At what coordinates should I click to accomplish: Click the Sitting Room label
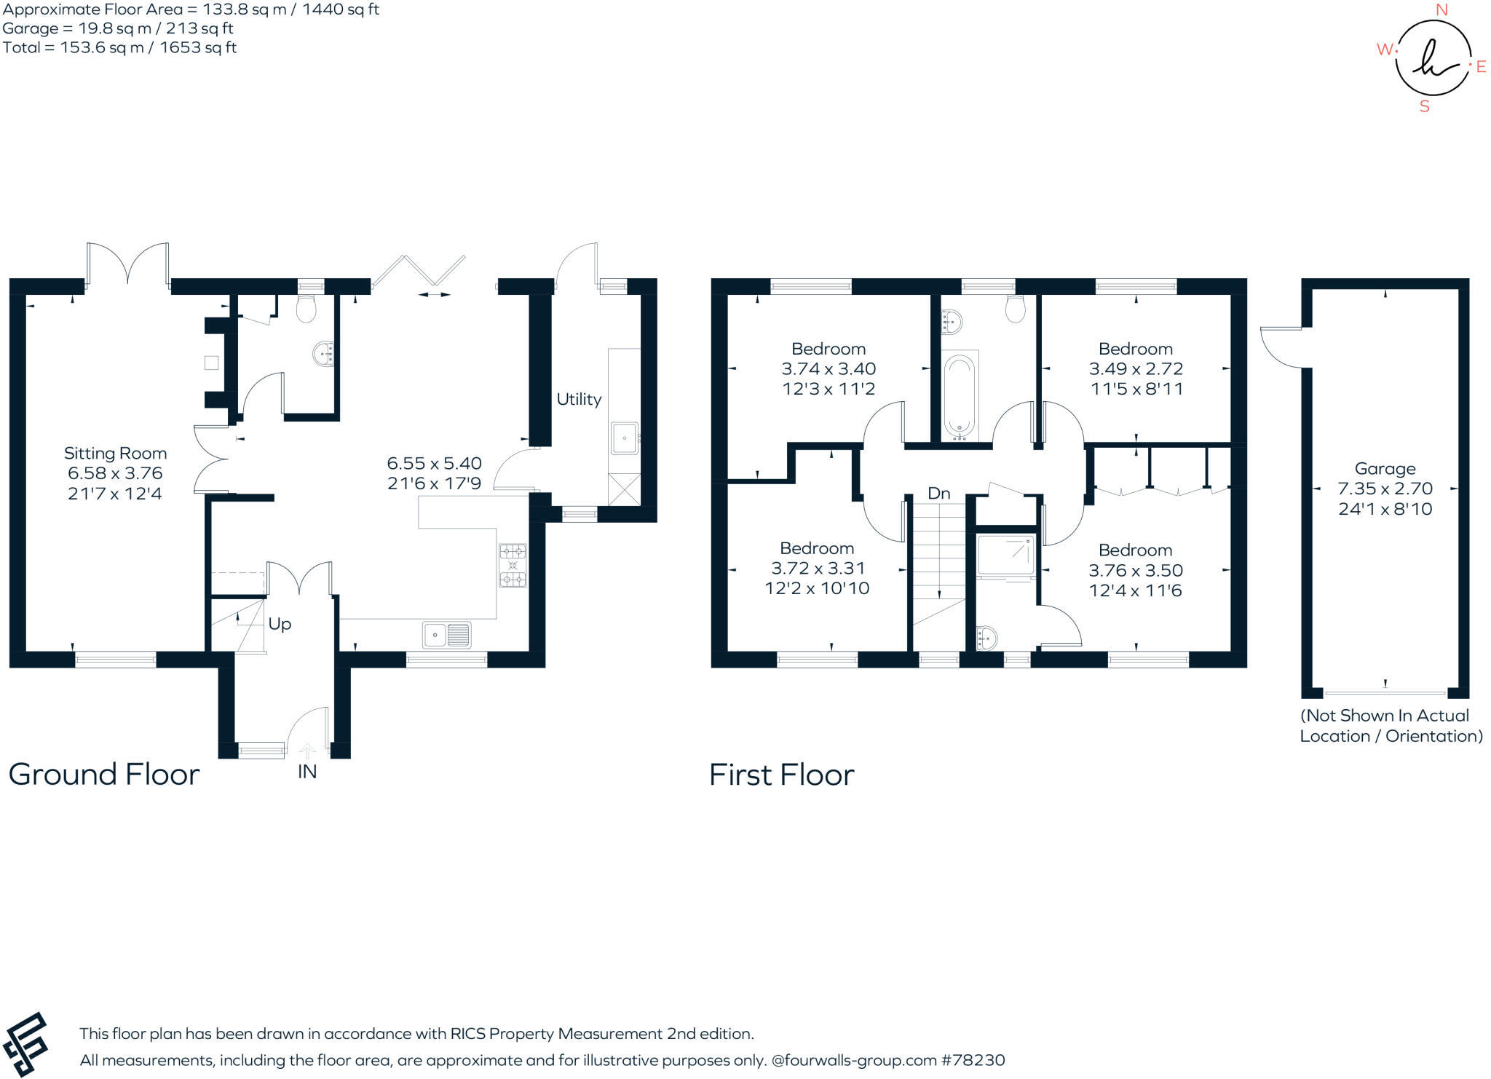coord(115,454)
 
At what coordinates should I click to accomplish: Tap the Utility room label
coord(579,399)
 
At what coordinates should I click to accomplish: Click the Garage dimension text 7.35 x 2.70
coord(1385,489)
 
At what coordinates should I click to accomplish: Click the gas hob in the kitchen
coord(513,566)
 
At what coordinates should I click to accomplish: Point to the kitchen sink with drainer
coord(447,635)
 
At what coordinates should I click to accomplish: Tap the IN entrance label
coord(307,772)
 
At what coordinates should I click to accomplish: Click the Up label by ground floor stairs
coord(280,624)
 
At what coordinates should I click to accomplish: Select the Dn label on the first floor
coord(938,494)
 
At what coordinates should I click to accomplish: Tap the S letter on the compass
coord(1424,107)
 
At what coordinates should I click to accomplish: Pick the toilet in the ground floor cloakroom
coord(306,309)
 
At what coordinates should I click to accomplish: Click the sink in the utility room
coord(624,438)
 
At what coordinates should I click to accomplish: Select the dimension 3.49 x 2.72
coord(1136,369)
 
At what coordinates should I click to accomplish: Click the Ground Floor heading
coord(104,774)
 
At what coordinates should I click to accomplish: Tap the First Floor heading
coord(781,775)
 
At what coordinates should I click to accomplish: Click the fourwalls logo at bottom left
coord(26,1043)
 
